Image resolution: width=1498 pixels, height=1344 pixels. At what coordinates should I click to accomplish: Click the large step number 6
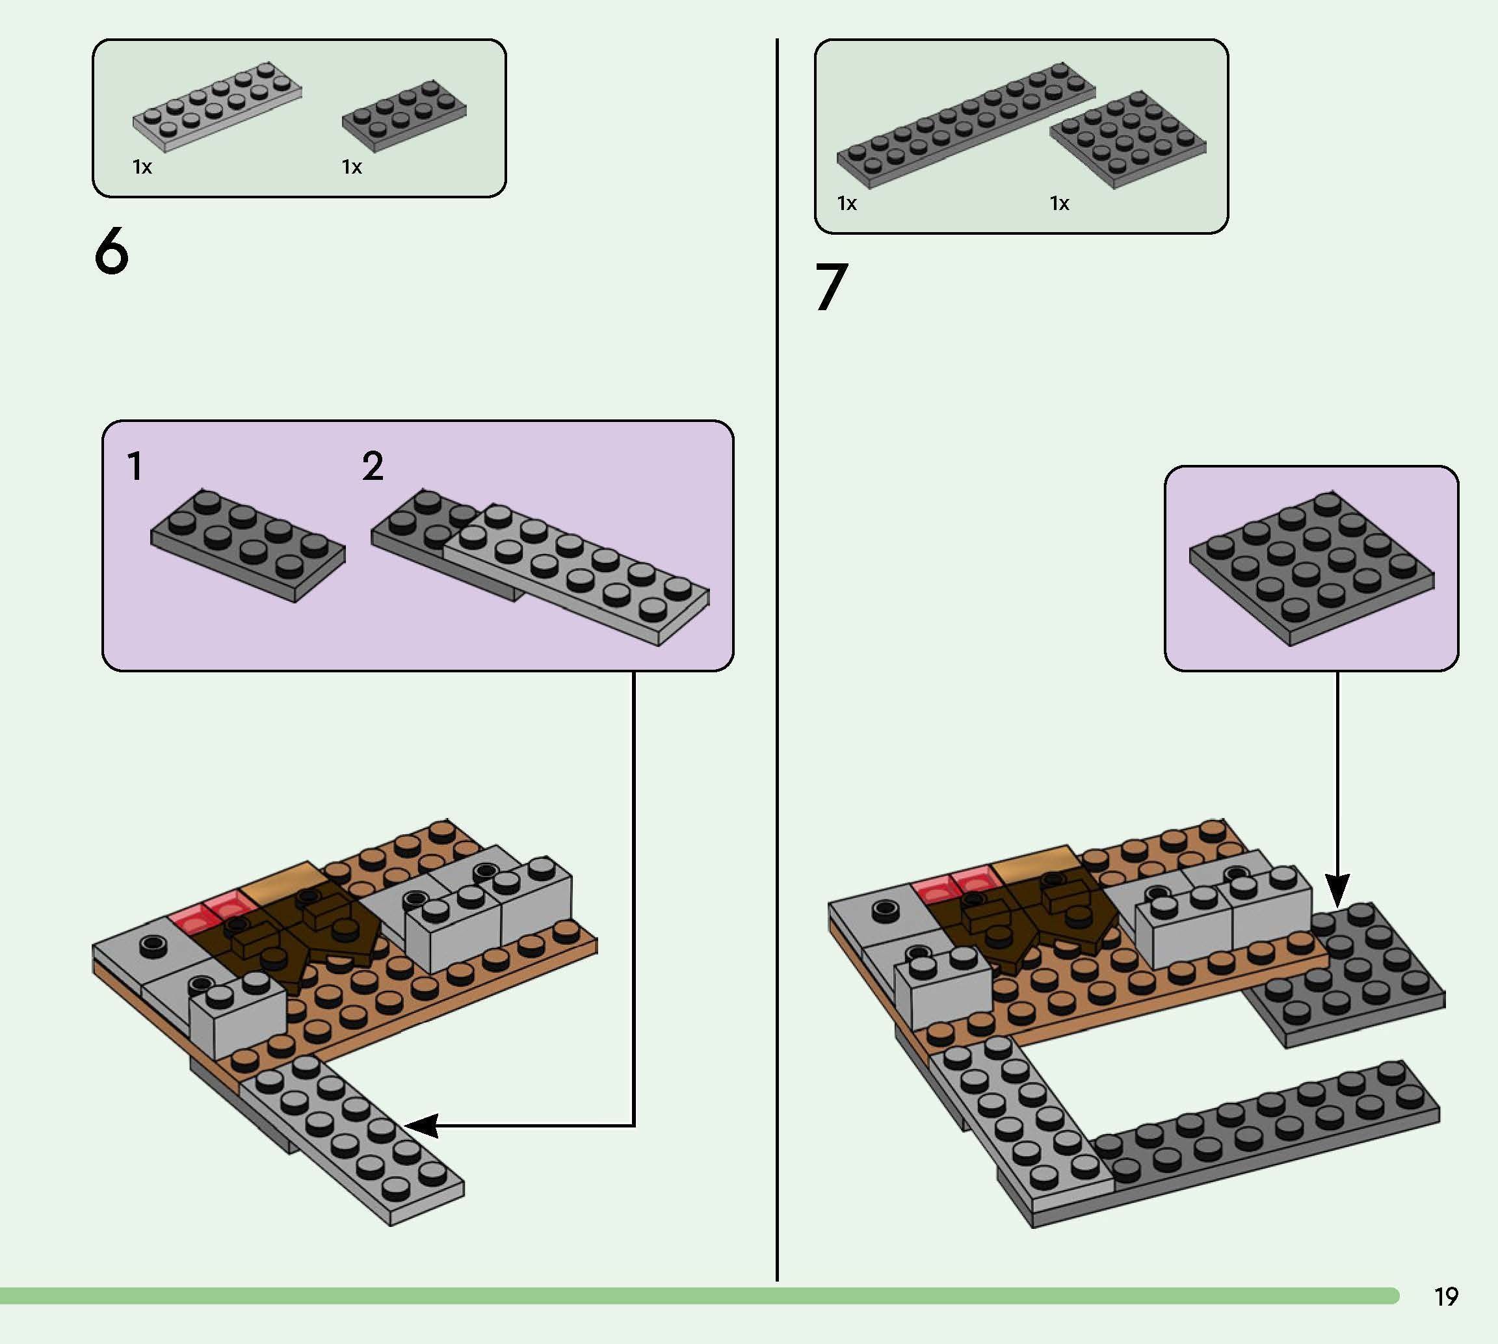click(x=111, y=251)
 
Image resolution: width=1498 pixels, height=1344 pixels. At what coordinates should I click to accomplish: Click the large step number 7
click(x=832, y=287)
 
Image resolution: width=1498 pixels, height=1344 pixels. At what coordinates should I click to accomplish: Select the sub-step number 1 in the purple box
click(x=135, y=466)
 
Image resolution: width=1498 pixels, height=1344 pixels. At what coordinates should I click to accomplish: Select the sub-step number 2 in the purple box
click(x=373, y=466)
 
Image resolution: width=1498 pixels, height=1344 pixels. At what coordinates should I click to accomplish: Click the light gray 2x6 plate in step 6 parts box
click(x=217, y=107)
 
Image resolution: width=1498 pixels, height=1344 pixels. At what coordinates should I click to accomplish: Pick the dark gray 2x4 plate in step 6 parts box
click(x=404, y=116)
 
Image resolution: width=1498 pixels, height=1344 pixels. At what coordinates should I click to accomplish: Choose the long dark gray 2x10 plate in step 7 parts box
click(x=966, y=125)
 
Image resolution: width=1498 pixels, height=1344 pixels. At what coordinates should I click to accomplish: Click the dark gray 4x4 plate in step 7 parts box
click(x=1128, y=140)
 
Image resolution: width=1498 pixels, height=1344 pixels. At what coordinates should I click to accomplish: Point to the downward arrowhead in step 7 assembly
click(x=1337, y=890)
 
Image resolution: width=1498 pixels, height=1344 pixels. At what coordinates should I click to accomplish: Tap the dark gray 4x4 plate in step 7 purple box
click(x=1312, y=568)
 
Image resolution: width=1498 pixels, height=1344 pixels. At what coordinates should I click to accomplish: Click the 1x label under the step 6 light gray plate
click(x=142, y=167)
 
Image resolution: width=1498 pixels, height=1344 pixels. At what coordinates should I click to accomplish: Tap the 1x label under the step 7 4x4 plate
click(x=1059, y=203)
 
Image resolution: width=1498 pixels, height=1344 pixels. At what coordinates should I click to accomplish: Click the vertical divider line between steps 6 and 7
click(x=777, y=659)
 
